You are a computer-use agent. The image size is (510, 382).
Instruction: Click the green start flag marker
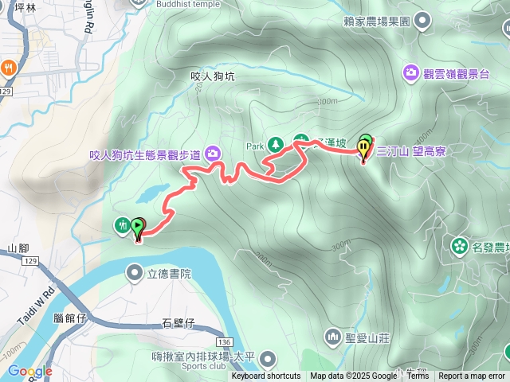(x=138, y=228)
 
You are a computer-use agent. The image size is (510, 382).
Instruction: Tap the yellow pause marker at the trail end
(x=365, y=147)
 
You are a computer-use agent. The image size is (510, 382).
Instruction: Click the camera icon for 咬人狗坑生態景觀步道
(x=213, y=152)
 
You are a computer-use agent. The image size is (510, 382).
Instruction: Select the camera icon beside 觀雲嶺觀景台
(x=411, y=72)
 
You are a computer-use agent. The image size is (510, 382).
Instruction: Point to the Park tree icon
(x=275, y=144)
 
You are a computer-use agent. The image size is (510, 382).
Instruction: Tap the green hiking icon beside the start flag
(x=123, y=225)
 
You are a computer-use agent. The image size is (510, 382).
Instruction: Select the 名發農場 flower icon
(x=460, y=245)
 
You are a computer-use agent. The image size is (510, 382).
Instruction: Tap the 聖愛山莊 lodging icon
(x=332, y=336)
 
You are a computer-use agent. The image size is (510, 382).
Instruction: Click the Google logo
(x=29, y=371)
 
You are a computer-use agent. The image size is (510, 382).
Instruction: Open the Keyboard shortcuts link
(x=265, y=376)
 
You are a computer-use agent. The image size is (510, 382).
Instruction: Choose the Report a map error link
(x=471, y=376)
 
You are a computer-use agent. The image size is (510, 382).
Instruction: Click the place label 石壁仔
(x=178, y=322)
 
